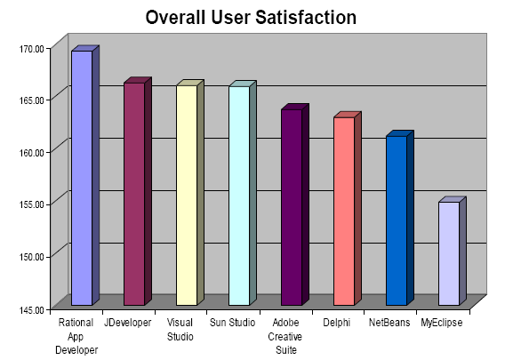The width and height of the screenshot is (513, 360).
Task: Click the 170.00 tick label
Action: (31, 49)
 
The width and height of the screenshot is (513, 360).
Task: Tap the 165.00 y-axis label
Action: (31, 100)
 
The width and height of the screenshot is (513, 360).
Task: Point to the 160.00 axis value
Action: (31, 152)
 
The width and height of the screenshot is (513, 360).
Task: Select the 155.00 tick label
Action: (31, 204)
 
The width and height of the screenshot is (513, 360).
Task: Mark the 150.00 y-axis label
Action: (31, 257)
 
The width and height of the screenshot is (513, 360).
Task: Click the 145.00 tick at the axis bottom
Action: (31, 309)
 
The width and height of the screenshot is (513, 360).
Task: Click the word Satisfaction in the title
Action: (306, 17)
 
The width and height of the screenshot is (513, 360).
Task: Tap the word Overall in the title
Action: (176, 17)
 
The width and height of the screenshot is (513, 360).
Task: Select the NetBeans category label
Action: (389, 323)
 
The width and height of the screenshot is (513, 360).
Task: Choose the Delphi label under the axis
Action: (337, 323)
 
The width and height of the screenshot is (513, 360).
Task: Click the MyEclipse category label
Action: (442, 323)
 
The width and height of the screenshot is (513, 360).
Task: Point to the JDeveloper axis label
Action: (128, 323)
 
